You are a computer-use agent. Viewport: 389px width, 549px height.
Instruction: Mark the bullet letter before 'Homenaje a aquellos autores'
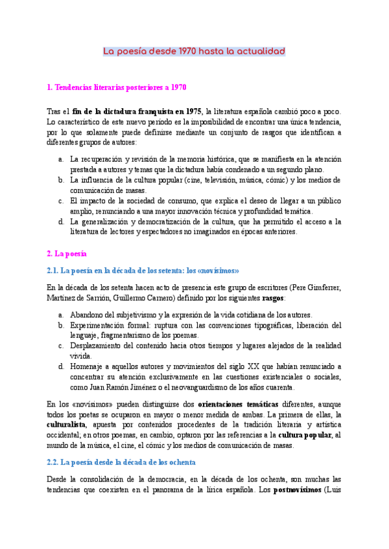(60, 366)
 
